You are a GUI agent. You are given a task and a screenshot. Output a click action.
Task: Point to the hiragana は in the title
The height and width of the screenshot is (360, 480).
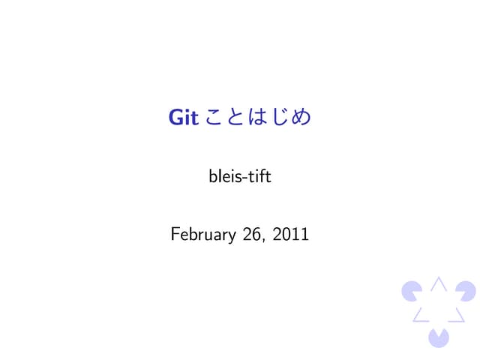click(x=262, y=118)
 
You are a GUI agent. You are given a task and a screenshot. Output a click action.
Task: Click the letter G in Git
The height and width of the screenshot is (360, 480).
click(x=175, y=118)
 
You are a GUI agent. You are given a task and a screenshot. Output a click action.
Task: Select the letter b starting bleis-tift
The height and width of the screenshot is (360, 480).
click(x=211, y=177)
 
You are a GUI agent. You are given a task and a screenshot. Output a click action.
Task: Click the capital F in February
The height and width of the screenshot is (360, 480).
click(x=175, y=235)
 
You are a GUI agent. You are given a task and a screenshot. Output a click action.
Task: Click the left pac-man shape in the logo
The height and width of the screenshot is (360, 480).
click(x=411, y=289)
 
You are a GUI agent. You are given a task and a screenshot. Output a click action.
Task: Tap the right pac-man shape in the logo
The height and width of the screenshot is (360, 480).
click(x=466, y=289)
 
